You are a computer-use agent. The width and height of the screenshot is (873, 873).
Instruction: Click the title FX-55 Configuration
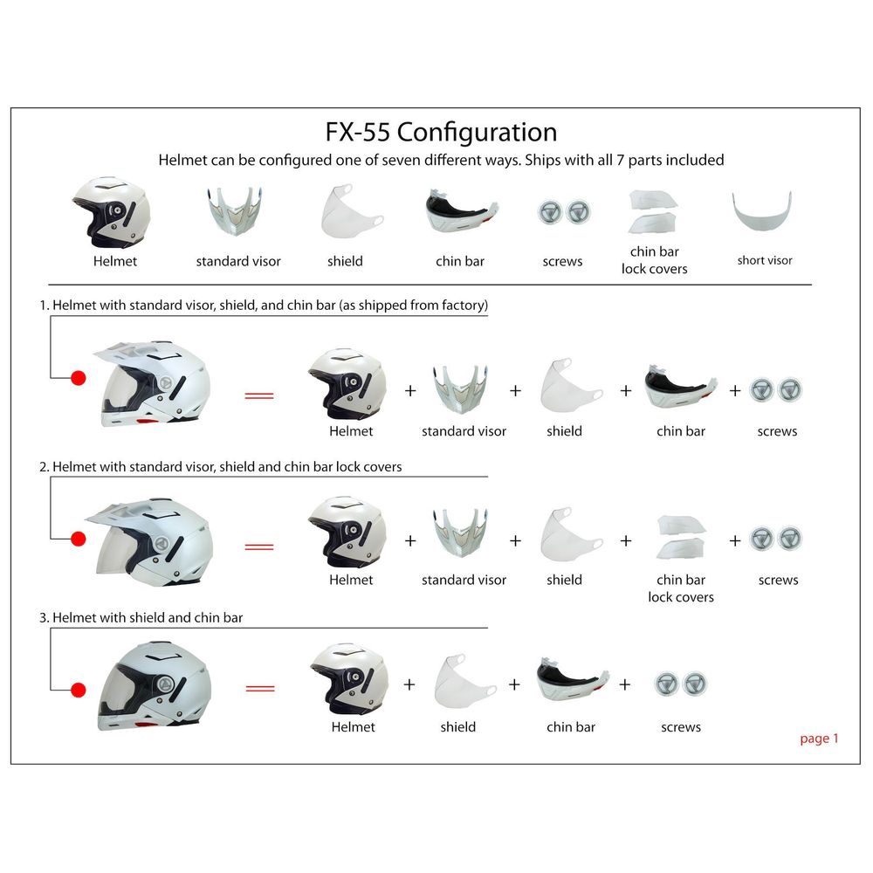pyautogui.click(x=441, y=132)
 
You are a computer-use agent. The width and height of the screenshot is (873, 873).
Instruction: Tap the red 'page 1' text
pyautogui.click(x=819, y=739)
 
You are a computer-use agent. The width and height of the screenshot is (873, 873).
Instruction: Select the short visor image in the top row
pyautogui.click(x=764, y=216)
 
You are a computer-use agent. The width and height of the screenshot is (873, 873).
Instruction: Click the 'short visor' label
pyautogui.click(x=765, y=260)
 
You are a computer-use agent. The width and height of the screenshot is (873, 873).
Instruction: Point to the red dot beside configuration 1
pyautogui.click(x=79, y=378)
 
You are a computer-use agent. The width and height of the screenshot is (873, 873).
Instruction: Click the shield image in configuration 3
pyautogui.click(x=459, y=680)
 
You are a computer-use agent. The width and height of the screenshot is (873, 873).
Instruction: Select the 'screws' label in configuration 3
pyautogui.click(x=681, y=727)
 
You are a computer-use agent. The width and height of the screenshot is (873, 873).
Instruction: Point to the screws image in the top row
pyautogui.click(x=562, y=213)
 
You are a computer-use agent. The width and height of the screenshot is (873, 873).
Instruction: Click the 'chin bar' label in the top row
pyautogui.click(x=460, y=261)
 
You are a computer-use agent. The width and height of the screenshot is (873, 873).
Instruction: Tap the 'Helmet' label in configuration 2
pyautogui.click(x=351, y=580)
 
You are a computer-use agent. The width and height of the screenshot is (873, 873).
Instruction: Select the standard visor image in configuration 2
pyautogui.click(x=464, y=536)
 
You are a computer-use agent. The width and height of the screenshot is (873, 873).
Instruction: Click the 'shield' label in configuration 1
pyautogui.click(x=564, y=431)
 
